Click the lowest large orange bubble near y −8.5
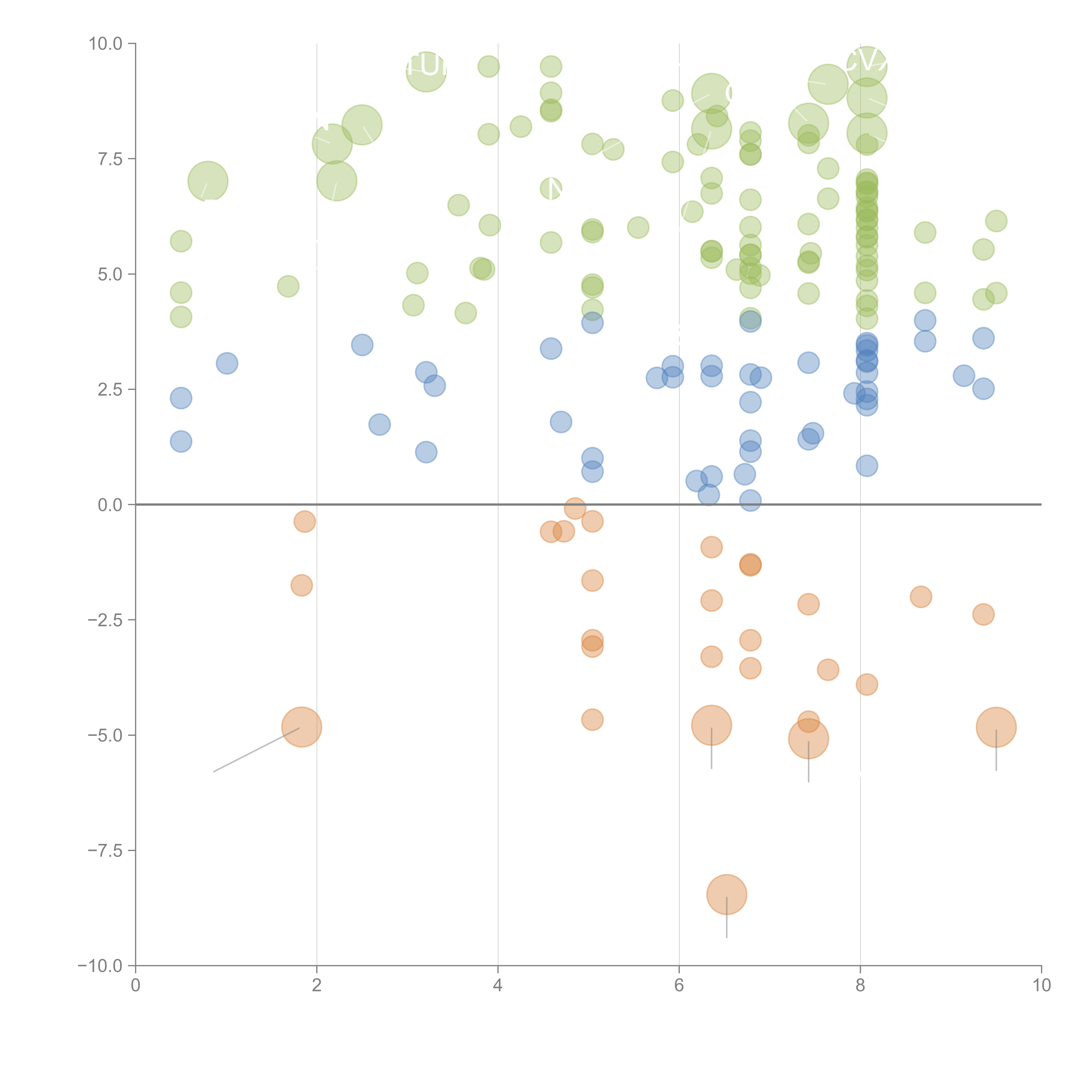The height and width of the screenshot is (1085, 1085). point(727,895)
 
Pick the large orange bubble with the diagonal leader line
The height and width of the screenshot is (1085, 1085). point(302,727)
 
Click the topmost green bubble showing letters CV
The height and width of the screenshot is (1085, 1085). point(866,66)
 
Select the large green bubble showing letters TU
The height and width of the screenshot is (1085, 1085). point(426,71)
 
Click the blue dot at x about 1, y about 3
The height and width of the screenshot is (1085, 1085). point(227,363)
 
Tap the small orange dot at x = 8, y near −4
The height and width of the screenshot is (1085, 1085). point(866,685)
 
